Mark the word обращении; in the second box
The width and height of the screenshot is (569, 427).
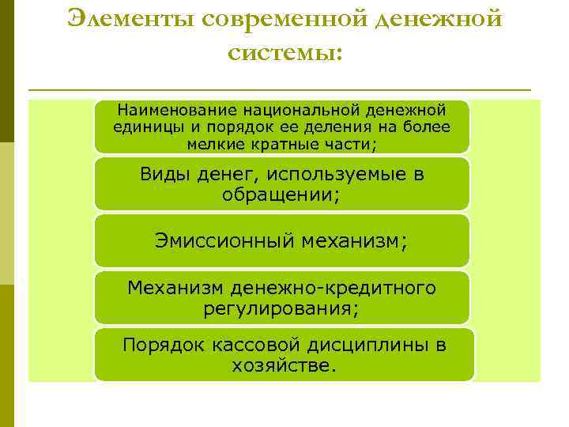click(x=282, y=195)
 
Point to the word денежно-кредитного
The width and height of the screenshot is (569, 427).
click(x=331, y=288)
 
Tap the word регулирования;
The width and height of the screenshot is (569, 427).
click(x=281, y=308)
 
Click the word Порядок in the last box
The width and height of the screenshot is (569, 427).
click(x=163, y=345)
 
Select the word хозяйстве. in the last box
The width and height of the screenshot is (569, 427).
click(x=284, y=365)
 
